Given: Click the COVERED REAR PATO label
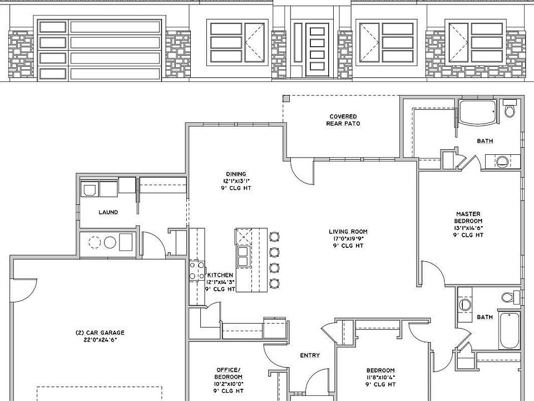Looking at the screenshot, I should click(343, 120).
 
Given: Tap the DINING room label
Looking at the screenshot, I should click(235, 174).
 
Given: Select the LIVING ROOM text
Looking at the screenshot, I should click(348, 232).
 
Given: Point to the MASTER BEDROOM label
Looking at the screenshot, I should click(468, 217).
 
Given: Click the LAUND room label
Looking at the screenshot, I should click(108, 212).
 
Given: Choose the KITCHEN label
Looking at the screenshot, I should click(220, 275).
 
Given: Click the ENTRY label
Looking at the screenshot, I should click(309, 355).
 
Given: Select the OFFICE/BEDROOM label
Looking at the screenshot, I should click(228, 373).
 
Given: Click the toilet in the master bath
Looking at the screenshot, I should click(509, 109).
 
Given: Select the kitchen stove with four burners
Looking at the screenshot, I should click(197, 271).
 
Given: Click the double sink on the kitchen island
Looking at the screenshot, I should click(243, 256).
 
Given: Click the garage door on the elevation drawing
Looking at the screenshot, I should click(99, 50).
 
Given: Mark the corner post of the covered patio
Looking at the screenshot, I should click(286, 99).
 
